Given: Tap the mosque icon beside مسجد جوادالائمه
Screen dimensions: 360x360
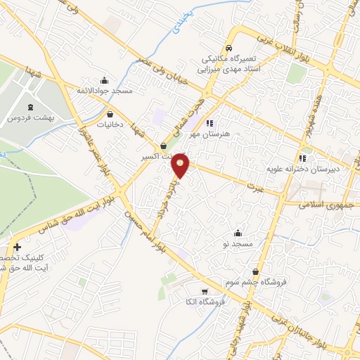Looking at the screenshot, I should coord(105,79).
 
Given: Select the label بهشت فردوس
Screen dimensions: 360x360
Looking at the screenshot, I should coord(26,118).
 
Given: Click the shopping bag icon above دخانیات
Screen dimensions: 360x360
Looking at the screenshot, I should coord(110,113).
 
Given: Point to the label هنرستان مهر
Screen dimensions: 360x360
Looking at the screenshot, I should coord(200,132).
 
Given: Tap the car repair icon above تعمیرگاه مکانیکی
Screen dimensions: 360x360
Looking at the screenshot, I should coord(227,41).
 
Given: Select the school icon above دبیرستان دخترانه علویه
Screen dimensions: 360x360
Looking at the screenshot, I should coord(302,158).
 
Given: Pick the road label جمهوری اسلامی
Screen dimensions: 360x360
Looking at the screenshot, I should coord(322,205).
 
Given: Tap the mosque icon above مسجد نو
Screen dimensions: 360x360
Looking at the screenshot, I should coord(237,233).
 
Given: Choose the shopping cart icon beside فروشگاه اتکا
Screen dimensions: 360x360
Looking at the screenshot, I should coord(205,291).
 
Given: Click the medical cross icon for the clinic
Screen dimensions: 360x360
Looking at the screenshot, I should coord(17,247).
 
